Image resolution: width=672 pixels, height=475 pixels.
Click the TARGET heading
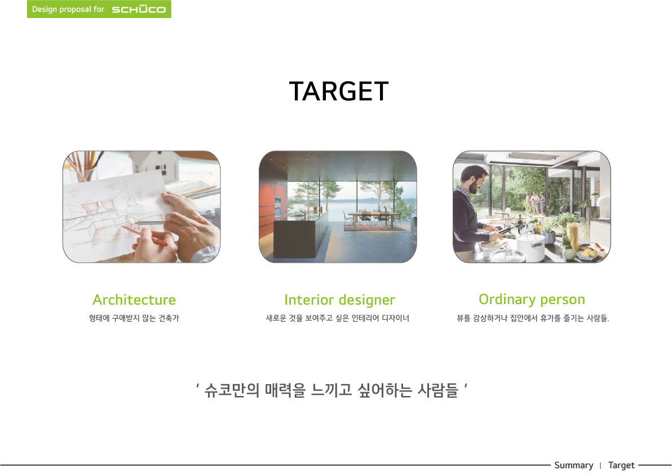tap(339, 91)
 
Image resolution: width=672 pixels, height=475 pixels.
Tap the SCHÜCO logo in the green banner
tap(139, 9)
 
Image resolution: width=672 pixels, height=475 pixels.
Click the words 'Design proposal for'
tap(68, 9)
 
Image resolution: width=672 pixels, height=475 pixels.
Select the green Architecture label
tap(134, 300)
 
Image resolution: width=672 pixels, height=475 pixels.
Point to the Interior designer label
tap(339, 300)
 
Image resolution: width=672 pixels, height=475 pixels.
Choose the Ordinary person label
tap(532, 300)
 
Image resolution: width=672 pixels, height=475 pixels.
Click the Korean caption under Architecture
tap(134, 318)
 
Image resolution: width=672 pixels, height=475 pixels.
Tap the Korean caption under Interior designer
tap(338, 318)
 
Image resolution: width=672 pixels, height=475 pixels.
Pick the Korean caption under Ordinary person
tap(533, 318)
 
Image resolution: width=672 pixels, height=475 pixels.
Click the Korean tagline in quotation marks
tap(331, 390)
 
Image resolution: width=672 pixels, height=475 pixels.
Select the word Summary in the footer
tap(573, 465)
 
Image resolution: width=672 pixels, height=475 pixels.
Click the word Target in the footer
tap(621, 465)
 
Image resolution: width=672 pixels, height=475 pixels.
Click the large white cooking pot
tap(531, 246)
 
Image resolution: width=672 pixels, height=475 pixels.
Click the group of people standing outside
tap(535, 203)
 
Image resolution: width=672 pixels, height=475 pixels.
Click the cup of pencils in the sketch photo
tap(85, 167)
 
